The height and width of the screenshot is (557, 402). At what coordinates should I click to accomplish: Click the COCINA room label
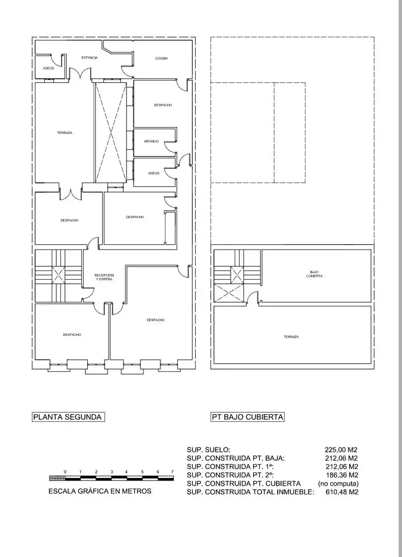tap(161, 58)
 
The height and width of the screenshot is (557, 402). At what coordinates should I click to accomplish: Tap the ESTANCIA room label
tap(89, 57)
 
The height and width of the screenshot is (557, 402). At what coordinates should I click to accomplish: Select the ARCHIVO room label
tap(151, 142)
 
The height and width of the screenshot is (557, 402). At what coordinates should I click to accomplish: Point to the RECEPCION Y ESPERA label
tap(104, 277)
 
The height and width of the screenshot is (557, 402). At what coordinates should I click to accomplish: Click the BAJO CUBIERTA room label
tap(314, 274)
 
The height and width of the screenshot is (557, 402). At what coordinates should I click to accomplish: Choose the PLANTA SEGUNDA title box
tap(69, 417)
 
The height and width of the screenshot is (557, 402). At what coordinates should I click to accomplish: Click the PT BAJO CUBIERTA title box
tap(247, 417)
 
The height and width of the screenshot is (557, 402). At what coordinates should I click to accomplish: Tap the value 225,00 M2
tap(341, 450)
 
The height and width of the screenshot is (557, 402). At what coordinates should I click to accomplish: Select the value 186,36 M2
tap(342, 475)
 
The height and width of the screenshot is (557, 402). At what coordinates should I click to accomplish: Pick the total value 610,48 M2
tap(342, 493)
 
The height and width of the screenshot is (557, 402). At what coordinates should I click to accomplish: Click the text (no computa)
tap(338, 484)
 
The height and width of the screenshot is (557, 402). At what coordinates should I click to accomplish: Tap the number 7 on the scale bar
tap(173, 472)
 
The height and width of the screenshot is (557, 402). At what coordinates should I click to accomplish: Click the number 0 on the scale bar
tap(65, 472)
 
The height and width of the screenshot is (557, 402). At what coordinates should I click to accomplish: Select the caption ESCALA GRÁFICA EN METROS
tap(99, 491)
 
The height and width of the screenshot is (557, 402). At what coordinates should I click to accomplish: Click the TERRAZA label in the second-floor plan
tap(64, 133)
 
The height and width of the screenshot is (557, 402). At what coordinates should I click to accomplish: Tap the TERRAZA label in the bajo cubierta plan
tap(291, 337)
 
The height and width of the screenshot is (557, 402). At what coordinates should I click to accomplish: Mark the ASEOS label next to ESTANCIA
tap(48, 68)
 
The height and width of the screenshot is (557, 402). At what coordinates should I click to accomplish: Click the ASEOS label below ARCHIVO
tap(154, 173)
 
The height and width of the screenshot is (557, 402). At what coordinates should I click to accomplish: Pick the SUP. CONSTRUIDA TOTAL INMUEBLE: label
tap(250, 493)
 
